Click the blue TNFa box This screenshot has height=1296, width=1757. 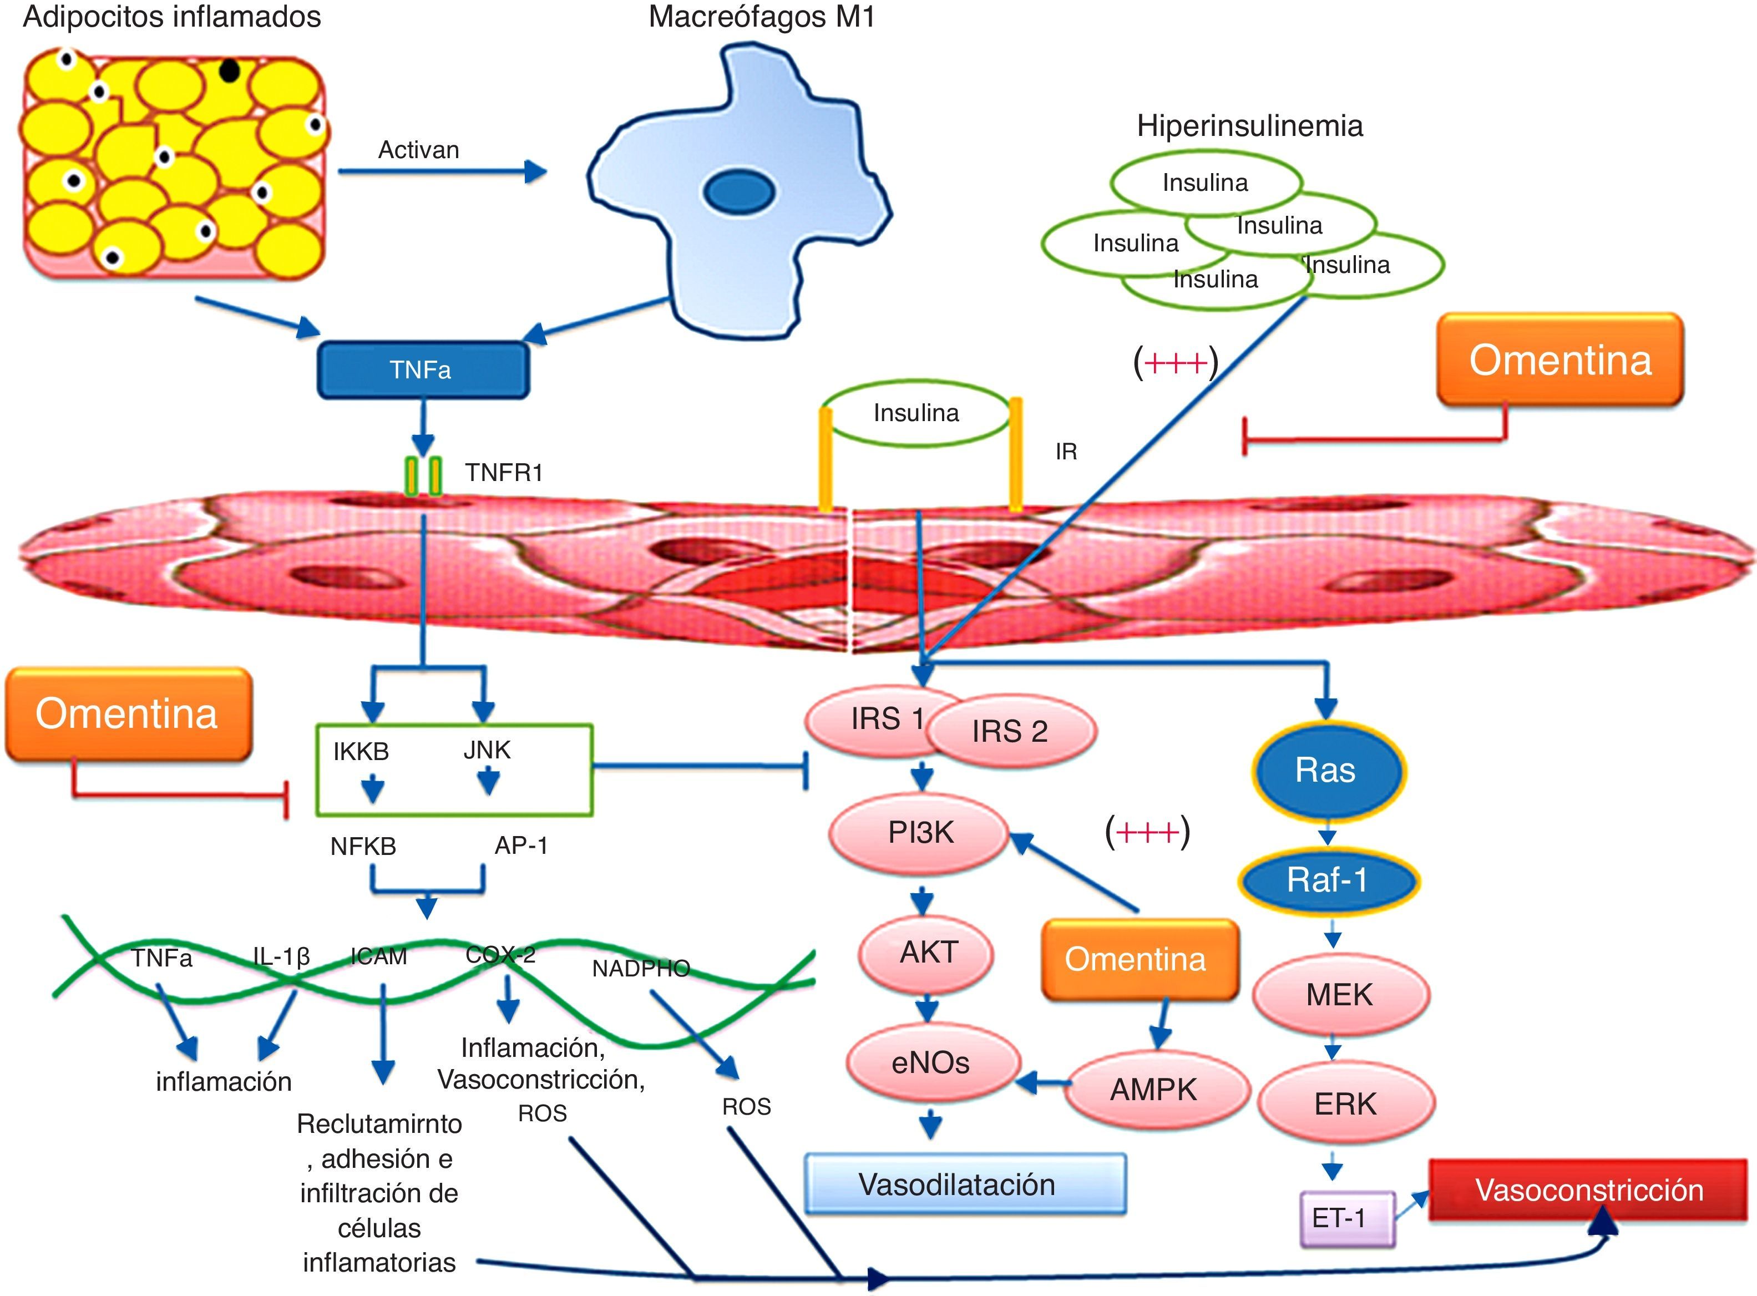pyautogui.click(x=422, y=369)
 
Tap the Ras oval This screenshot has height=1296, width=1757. pyautogui.click(x=1325, y=771)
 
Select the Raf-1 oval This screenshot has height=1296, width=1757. pyautogui.click(x=1327, y=880)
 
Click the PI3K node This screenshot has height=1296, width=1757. pyautogui.click(x=919, y=832)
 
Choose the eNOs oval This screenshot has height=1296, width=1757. pyautogui.click(x=931, y=1063)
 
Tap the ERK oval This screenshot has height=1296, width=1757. pyautogui.click(x=1345, y=1104)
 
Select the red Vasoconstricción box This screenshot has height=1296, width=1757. pyautogui.click(x=1589, y=1190)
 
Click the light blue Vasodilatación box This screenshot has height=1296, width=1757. pyautogui.click(x=964, y=1184)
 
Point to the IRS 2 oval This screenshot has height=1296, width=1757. pyautogui.click(x=1010, y=731)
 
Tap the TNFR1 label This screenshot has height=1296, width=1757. pyautogui.click(x=504, y=472)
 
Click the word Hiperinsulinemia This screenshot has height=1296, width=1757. pyautogui.click(x=1249, y=125)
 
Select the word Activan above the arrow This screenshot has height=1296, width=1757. pyautogui.click(x=418, y=150)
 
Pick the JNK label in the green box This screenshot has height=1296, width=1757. pyautogui.click(x=487, y=750)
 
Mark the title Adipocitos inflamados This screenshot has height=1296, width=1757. pyautogui.click(x=172, y=17)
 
